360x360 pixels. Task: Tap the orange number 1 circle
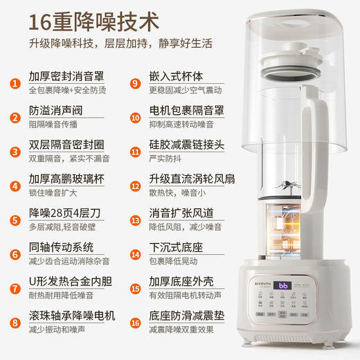(x=14, y=84)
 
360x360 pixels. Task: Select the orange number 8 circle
(x=14, y=322)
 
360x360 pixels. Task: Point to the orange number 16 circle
(x=135, y=322)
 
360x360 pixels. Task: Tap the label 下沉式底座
(x=177, y=246)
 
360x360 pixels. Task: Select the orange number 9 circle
(x=135, y=84)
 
